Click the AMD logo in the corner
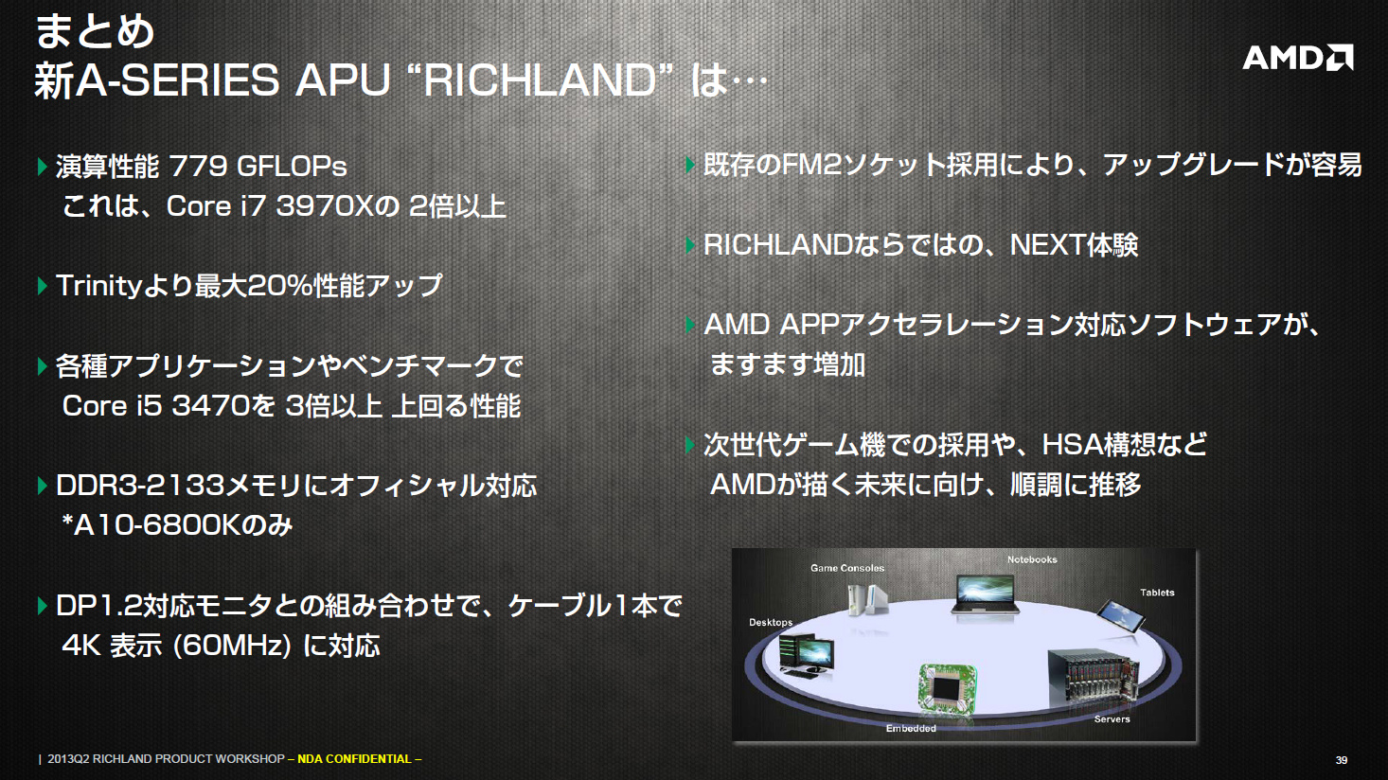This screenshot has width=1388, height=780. [x=1297, y=58]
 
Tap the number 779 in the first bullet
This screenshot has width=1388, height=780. [x=197, y=166]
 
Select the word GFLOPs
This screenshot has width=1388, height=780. [x=292, y=166]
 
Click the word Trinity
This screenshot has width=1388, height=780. [x=99, y=286]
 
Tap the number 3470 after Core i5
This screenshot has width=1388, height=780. [x=211, y=406]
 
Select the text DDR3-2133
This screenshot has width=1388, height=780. [x=140, y=486]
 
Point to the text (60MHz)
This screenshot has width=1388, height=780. [x=232, y=647]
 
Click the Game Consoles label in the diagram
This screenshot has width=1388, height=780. [x=847, y=568]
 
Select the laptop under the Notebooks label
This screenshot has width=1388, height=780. [x=986, y=594]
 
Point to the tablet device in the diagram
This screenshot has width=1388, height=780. [x=1120, y=616]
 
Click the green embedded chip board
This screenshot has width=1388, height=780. [x=946, y=687]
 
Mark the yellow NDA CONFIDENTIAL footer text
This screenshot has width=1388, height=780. [x=360, y=759]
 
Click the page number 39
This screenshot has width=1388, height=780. [x=1342, y=760]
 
